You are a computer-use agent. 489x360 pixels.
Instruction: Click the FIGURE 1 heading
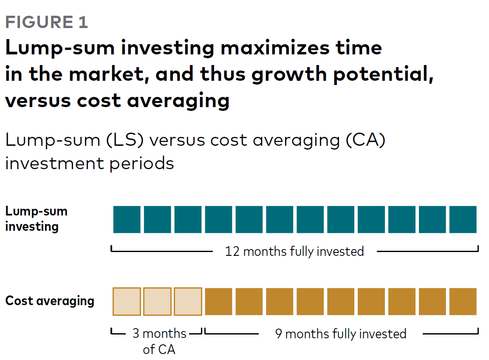pos(46,22)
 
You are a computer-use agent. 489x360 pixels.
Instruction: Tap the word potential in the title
pos(383,74)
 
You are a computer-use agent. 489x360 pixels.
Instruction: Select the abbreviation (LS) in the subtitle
pos(125,140)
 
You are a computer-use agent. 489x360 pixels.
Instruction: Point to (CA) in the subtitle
pos(365,140)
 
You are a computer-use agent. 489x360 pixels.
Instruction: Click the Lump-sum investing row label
pos(36,219)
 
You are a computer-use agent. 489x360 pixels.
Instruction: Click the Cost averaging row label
pos(50,301)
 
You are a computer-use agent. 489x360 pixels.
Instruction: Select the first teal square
pos(127,219)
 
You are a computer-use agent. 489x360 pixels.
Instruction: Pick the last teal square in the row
pos(463,219)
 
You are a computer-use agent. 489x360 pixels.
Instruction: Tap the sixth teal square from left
pos(280,219)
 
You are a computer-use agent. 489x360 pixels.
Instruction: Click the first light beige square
pos(127,301)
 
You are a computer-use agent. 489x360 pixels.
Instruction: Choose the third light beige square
pos(188,301)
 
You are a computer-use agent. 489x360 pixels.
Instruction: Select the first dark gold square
pos(218,301)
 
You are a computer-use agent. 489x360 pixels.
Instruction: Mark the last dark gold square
pos(463,301)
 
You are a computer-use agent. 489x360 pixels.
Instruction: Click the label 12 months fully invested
pos(294,252)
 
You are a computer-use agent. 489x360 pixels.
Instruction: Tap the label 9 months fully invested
pos(341,334)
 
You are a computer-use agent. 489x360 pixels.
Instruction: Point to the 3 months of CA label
pos(159,341)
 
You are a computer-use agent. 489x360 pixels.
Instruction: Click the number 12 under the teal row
pos(232,252)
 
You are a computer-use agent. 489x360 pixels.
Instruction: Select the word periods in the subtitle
pos(141,164)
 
